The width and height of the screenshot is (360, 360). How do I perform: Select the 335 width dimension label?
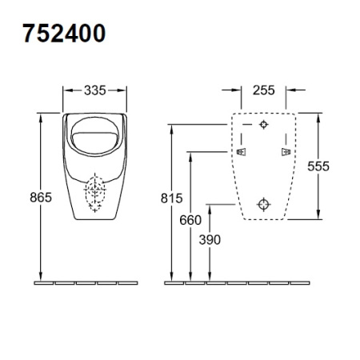point(95,90)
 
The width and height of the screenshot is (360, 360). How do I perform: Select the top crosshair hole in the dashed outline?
point(265,126)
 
